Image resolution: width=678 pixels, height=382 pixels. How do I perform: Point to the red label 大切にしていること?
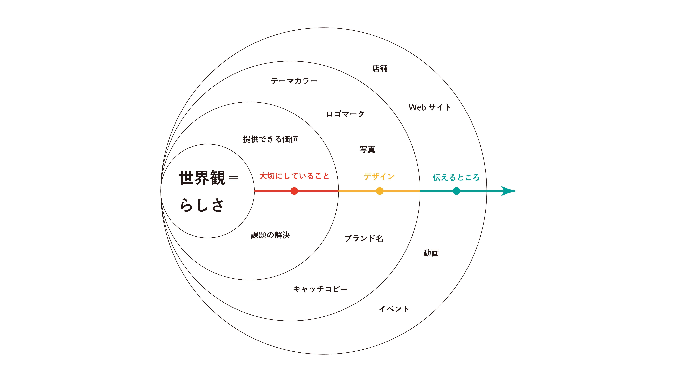pyautogui.click(x=294, y=176)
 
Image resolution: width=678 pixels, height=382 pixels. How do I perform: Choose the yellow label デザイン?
pyautogui.click(x=379, y=176)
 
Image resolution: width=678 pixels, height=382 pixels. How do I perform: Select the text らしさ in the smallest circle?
pyautogui.click(x=202, y=205)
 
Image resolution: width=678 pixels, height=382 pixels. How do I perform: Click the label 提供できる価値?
pyautogui.click(x=270, y=139)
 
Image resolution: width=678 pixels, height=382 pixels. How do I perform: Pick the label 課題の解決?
pyautogui.click(x=270, y=235)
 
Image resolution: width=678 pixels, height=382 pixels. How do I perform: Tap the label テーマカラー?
pyautogui.click(x=294, y=81)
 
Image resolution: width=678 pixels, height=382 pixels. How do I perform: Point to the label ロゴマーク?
pyautogui.click(x=345, y=114)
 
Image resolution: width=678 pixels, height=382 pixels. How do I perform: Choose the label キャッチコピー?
pyautogui.click(x=320, y=289)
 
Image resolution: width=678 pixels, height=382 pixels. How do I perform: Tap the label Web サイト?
pyautogui.click(x=430, y=107)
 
